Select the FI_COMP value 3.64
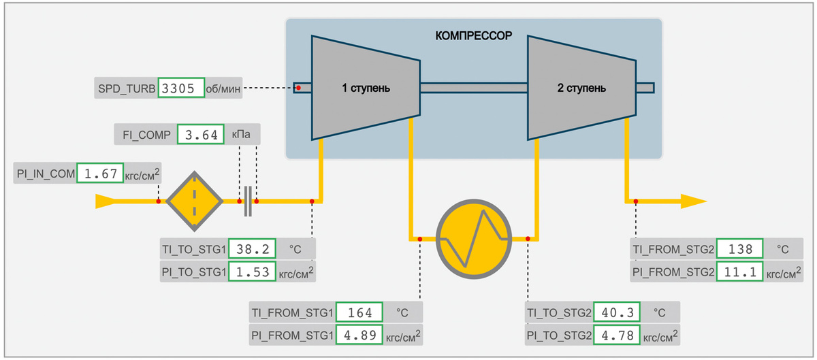click(x=200, y=135)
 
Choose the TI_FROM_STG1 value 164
click(x=359, y=313)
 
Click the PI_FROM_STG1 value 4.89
click(x=359, y=335)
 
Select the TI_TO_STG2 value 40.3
click(x=617, y=313)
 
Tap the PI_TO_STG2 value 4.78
click(x=617, y=335)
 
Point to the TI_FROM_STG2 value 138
click(x=740, y=250)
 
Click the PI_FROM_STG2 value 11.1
click(x=740, y=272)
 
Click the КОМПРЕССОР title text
click(x=473, y=34)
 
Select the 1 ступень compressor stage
click(x=366, y=88)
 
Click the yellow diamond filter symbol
click(x=195, y=201)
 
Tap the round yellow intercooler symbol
click(x=473, y=239)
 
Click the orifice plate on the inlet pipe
click(x=249, y=201)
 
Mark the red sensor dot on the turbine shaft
click(x=298, y=88)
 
